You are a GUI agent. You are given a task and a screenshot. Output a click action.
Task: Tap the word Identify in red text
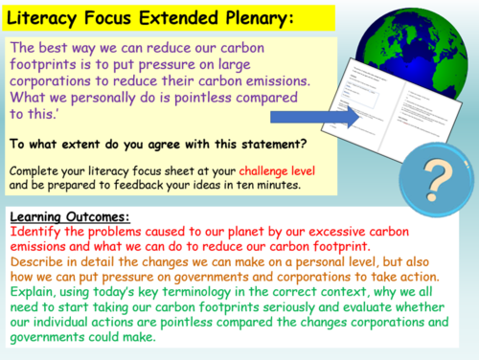click(x=33, y=232)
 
